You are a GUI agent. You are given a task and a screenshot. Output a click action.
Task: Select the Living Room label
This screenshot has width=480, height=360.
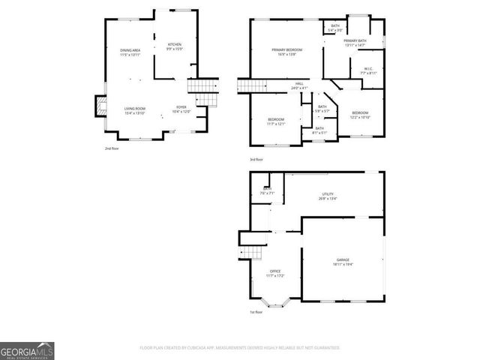135,110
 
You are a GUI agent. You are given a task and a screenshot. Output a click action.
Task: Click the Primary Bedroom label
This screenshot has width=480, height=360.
286,52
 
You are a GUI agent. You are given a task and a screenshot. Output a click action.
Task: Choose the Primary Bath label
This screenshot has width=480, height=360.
355,42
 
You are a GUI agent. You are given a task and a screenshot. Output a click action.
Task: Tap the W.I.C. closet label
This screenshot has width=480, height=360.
368,71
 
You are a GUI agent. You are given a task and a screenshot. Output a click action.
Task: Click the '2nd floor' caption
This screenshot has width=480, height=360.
112,148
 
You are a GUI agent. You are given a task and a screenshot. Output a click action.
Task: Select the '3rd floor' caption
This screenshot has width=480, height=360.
256,160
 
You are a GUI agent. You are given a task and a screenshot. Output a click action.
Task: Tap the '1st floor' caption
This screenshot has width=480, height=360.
256,313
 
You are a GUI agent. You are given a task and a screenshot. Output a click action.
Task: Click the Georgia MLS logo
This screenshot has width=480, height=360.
27,350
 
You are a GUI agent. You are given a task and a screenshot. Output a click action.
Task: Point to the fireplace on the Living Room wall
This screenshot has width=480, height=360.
98,109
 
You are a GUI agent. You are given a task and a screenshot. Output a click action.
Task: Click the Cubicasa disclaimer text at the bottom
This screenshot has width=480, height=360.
240,348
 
